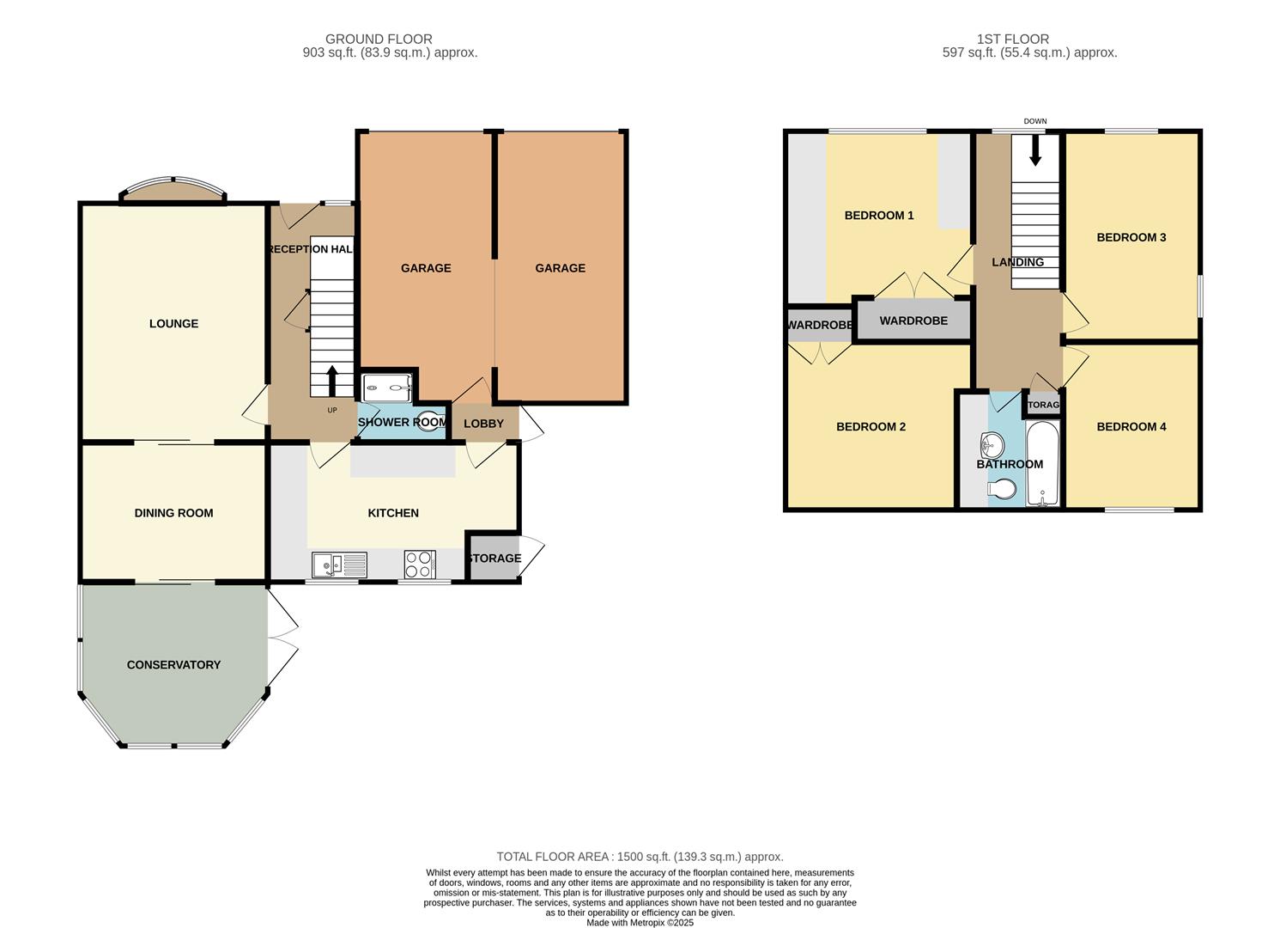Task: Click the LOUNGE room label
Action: (173, 324)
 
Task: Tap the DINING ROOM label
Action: (173, 513)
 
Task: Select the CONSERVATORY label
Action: (173, 665)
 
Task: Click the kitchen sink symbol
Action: (339, 565)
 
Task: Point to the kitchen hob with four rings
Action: (420, 565)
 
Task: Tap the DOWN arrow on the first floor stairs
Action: (1035, 151)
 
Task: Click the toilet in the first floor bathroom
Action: (1002, 490)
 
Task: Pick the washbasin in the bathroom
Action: (992, 445)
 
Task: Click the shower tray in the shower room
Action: (387, 388)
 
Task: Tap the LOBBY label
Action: (483, 424)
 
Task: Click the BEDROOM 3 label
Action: (1131, 238)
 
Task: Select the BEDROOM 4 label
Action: (1131, 427)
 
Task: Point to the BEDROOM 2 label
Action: (871, 427)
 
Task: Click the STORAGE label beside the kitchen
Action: (494, 559)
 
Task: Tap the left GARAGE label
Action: (426, 268)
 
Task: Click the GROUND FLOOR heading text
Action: (379, 39)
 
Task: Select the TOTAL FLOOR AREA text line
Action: (640, 857)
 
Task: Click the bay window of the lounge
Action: (173, 191)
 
